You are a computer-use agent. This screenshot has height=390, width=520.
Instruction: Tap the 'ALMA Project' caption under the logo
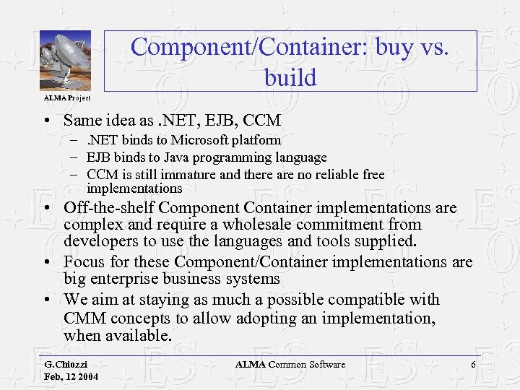[x=67, y=97]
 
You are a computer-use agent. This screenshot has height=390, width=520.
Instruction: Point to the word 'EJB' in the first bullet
[x=209, y=120]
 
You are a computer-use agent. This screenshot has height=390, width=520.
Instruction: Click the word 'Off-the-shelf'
[x=108, y=208]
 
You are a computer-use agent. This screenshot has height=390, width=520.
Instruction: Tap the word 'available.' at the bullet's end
[x=137, y=335]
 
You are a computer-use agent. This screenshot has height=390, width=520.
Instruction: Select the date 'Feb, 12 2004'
[x=71, y=377]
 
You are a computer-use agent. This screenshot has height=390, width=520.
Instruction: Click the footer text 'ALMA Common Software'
[x=290, y=365]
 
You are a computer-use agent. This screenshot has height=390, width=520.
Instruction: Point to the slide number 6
[x=473, y=365]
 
